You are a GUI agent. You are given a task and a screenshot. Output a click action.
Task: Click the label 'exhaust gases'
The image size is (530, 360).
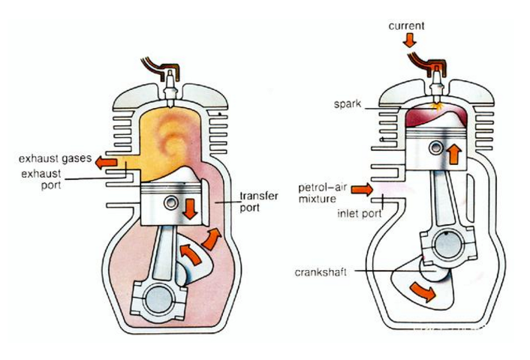tap(53, 160)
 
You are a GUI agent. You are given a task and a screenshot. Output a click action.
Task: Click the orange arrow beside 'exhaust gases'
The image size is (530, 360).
tap(104, 160)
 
